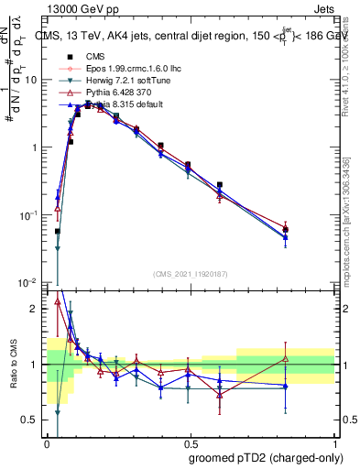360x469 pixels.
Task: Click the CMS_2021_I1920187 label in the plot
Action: click(x=190, y=274)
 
